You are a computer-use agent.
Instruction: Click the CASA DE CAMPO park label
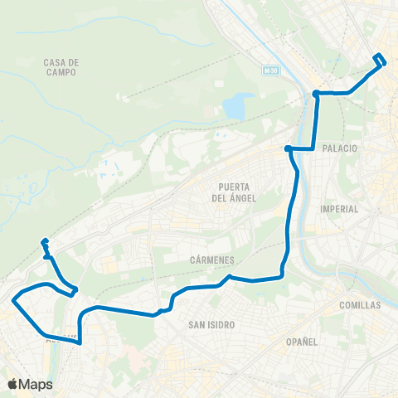click(x=62, y=67)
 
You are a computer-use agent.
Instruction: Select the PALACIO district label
click(x=342, y=148)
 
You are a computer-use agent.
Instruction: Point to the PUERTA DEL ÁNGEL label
click(x=234, y=192)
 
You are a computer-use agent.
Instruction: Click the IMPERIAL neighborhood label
click(x=339, y=209)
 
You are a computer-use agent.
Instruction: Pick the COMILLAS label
click(x=359, y=305)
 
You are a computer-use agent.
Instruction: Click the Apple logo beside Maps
click(x=12, y=384)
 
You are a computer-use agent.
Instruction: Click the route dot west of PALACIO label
click(x=287, y=148)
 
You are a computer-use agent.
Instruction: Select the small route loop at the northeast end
click(x=380, y=60)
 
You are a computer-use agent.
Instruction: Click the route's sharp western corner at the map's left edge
click(x=13, y=301)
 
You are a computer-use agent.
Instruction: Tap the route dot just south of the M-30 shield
click(x=316, y=93)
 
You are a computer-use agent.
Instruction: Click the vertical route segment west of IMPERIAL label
click(x=289, y=216)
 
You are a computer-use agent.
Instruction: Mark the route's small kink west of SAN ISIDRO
click(x=163, y=310)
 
